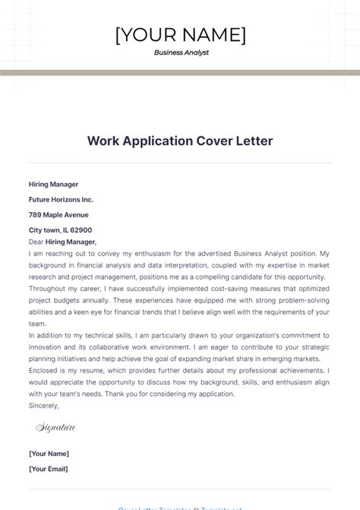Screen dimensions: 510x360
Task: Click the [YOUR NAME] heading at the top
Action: tap(180, 34)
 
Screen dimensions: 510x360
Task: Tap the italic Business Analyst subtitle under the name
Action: tap(181, 53)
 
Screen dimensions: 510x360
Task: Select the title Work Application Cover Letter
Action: tap(180, 141)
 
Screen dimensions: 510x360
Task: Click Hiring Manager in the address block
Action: tap(53, 184)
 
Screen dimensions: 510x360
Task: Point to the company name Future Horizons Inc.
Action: tap(61, 199)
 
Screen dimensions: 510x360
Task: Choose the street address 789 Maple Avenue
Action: tap(59, 214)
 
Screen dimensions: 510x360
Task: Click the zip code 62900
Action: tap(81, 230)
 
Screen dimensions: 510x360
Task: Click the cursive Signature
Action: tap(56, 428)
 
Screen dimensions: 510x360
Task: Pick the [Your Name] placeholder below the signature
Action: tap(49, 454)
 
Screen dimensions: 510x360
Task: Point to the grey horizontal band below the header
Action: tap(180, 73)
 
